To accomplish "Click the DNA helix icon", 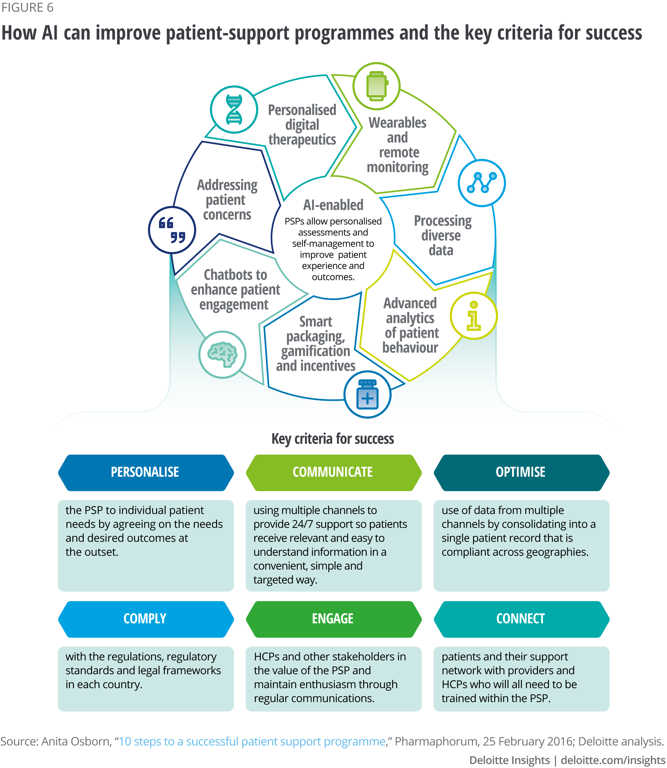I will pos(234,109).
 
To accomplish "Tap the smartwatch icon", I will pos(376,86).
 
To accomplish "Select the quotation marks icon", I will pos(172,230).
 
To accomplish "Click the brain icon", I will pos(222,354).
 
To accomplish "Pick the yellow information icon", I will pos(474,315).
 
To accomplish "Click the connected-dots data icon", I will pos(482,183).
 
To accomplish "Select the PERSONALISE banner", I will pos(145,472).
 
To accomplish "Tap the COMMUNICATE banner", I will pos(333,472).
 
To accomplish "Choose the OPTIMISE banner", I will pos(521,472).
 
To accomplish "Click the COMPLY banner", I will pos(145,619).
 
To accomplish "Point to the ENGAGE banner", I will pos(333,619).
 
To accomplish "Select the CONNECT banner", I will pos(521,619).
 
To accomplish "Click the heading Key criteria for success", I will pos(333,439).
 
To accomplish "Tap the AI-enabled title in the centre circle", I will pos(333,205).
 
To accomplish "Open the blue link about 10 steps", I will pos(252,741).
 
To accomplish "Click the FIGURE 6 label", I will pos(28,7).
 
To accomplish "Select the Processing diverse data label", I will pos(442,235).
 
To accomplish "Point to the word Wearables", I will pos(398,122).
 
